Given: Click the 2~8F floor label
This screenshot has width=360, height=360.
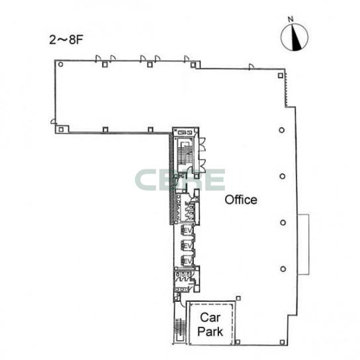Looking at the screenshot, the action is (x=66, y=40).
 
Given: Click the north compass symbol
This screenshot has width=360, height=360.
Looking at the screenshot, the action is (x=294, y=37).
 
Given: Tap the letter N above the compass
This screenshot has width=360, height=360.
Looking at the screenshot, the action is (x=291, y=19).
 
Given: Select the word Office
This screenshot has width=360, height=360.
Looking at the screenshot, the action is (x=241, y=200).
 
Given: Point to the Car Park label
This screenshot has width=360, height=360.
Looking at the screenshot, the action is (x=210, y=325).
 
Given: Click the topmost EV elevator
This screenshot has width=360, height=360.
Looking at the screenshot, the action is (x=187, y=230).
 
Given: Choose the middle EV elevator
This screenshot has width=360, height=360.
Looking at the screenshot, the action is (x=187, y=246).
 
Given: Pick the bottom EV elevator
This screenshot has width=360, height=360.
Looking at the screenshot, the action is (x=187, y=261).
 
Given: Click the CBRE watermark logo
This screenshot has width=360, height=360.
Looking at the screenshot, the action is (x=180, y=180).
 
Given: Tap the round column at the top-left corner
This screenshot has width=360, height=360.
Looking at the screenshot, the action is (x=61, y=64).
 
